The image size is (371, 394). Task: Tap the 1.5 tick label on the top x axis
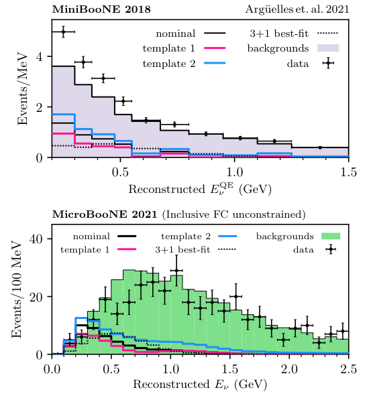(348, 172)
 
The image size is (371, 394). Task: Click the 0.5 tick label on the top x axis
(121, 172)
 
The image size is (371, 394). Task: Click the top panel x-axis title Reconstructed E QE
(200, 188)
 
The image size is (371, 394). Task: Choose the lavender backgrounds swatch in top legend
(325, 48)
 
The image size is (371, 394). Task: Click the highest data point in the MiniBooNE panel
(63, 31)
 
